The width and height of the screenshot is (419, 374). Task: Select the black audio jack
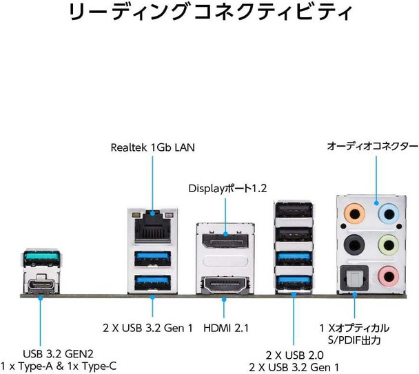click(354, 244)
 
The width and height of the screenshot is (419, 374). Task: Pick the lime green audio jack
click(389, 244)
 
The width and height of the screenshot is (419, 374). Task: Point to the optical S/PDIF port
click(354, 278)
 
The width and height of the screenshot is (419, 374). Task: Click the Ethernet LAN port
click(152, 227)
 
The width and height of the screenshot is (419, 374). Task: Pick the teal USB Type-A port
click(41, 258)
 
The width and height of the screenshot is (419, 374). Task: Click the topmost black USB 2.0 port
click(294, 209)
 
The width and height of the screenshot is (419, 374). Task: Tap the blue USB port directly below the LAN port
click(152, 258)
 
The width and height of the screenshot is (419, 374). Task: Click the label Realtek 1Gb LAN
click(152, 147)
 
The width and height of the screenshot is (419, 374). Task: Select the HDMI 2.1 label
click(226, 328)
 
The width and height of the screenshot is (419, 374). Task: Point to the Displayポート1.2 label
click(227, 188)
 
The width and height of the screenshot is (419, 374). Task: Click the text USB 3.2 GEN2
click(59, 354)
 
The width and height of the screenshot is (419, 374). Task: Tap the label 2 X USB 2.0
click(294, 355)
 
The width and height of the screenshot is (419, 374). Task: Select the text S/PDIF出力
click(354, 340)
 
